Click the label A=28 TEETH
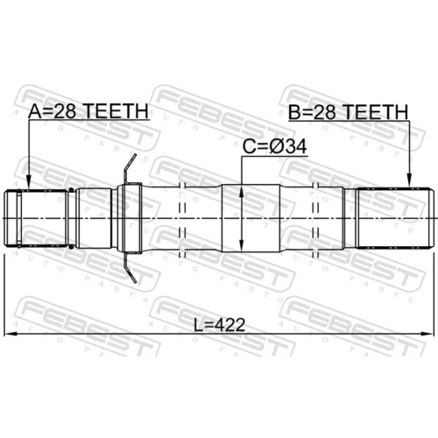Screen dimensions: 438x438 click(x=88, y=111)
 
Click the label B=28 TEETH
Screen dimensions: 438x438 click(x=348, y=112)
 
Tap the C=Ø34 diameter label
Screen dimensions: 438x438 click(x=274, y=146)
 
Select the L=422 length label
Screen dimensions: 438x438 click(x=219, y=325)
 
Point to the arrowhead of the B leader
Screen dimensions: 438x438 click(x=409, y=179)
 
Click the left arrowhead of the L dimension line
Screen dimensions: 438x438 click(x=11, y=334)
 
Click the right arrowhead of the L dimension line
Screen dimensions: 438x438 click(x=427, y=334)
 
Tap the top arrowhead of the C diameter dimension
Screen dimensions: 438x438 click(x=242, y=192)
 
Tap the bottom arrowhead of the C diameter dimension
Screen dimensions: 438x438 click(x=242, y=244)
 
